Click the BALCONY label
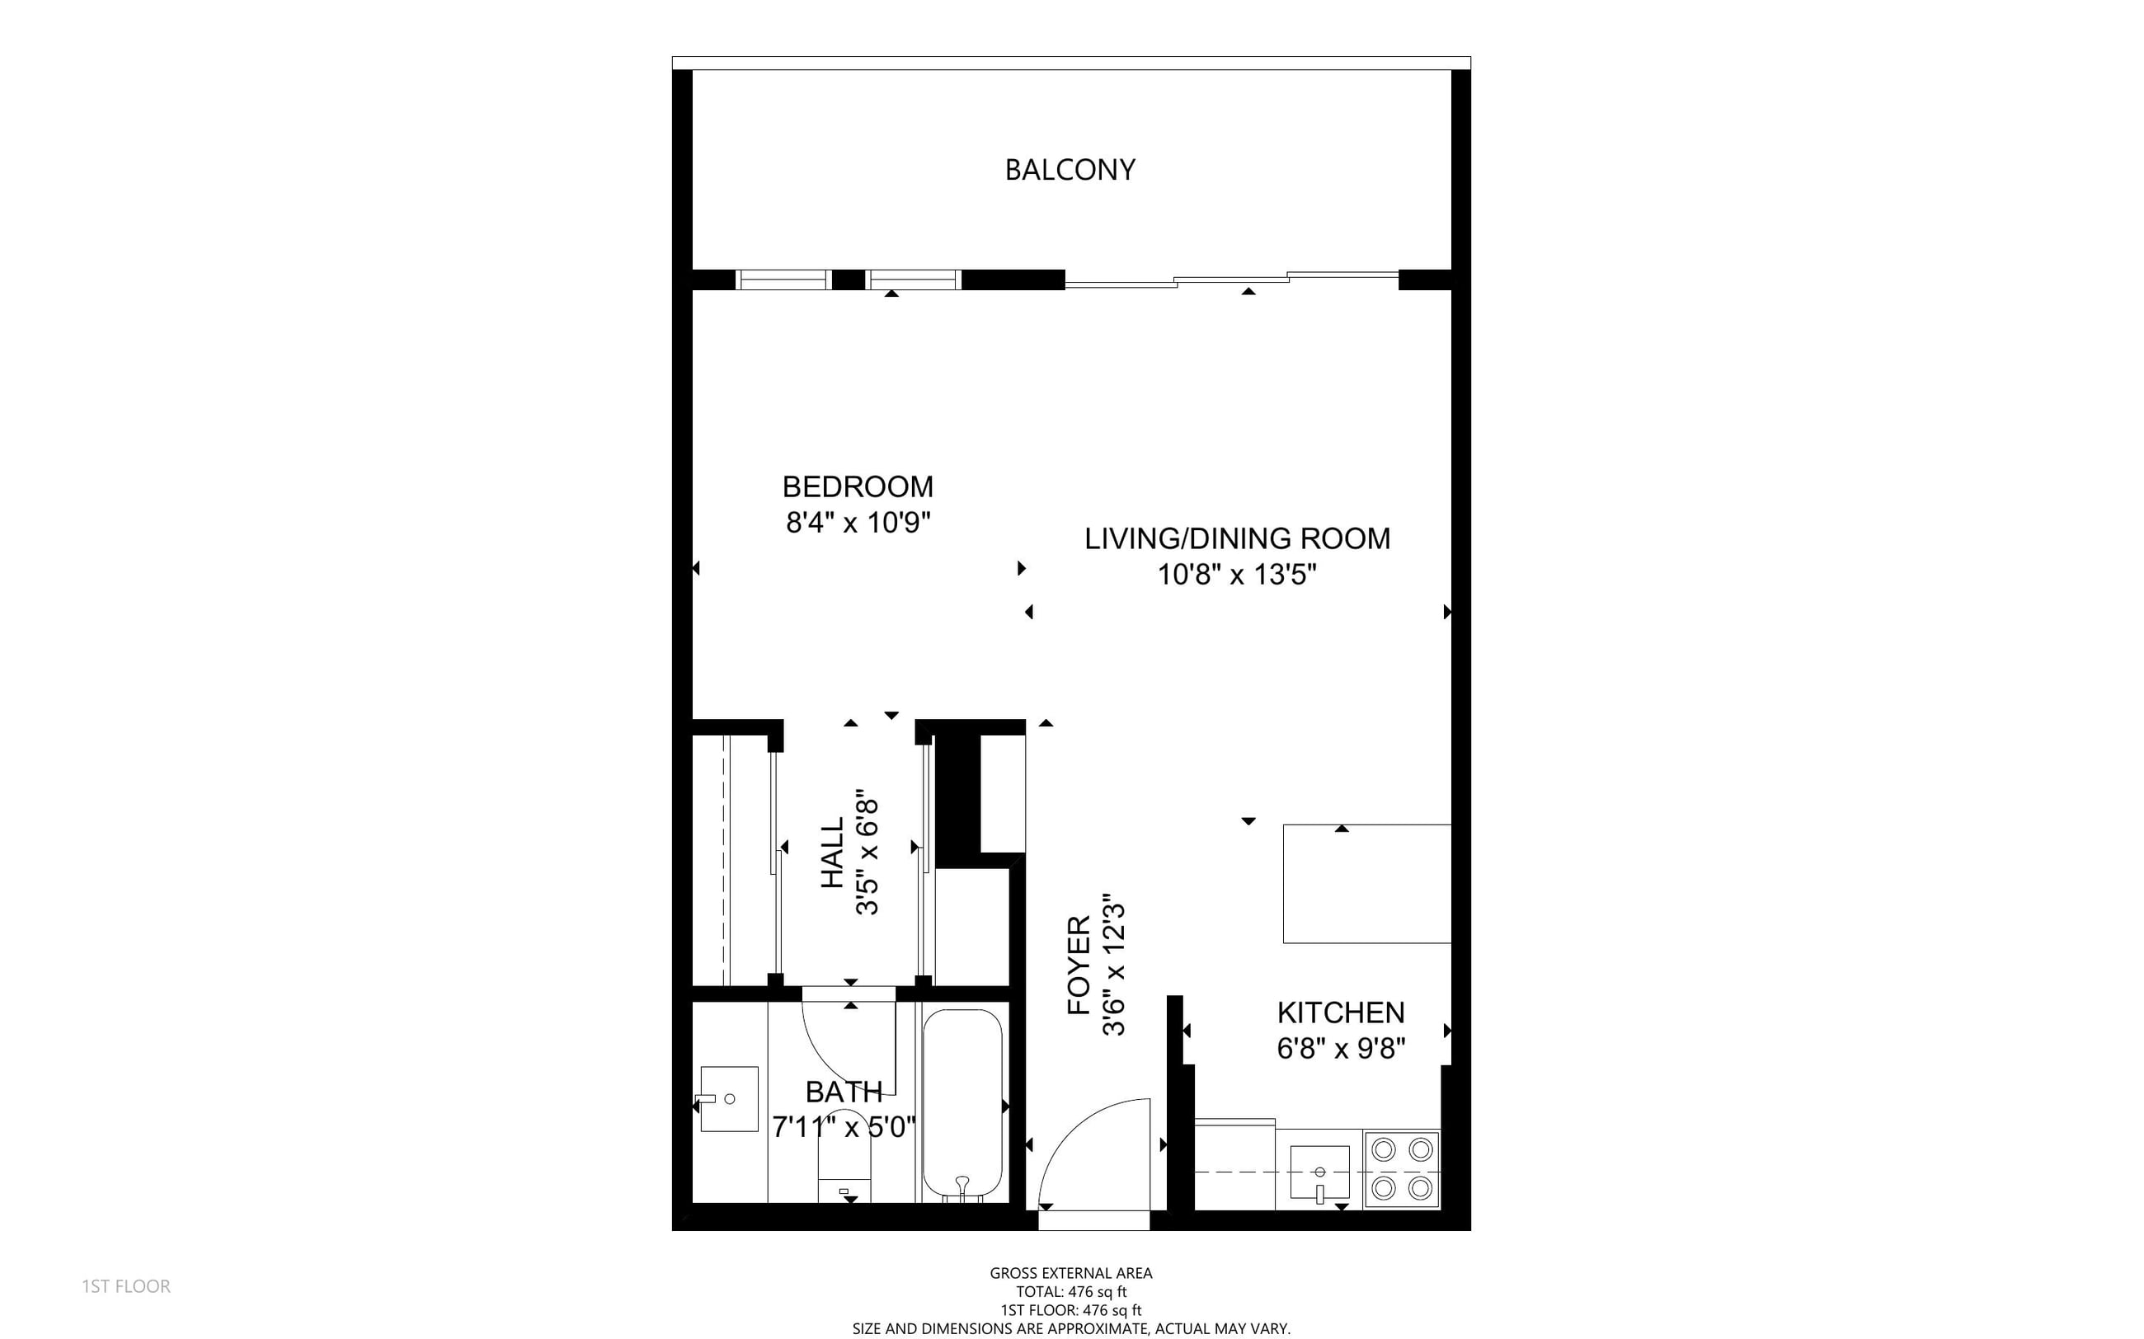1070,170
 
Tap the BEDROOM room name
858,487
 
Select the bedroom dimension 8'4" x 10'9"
858,523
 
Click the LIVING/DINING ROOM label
1237,538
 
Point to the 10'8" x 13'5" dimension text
1237,575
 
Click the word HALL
834,852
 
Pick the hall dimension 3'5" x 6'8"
867,852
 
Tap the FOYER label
1079,965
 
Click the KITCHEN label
1341,1012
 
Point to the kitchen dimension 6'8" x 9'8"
1341,1049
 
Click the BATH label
843,1091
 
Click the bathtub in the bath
962,1104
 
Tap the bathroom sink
729,1099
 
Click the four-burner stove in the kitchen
1402,1169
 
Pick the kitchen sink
1319,1172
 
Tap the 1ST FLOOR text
125,1286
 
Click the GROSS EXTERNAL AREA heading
1070,1272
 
